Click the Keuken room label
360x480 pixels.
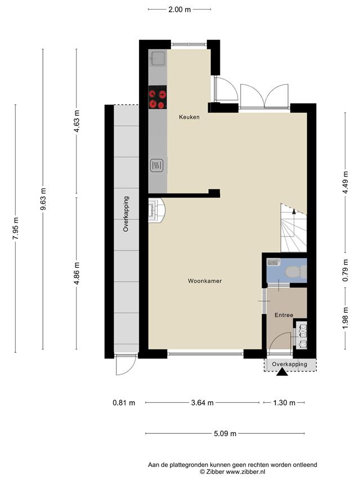pyautogui.click(x=189, y=117)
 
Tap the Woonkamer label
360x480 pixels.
pyautogui.click(x=205, y=281)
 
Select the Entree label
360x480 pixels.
pyautogui.click(x=283, y=315)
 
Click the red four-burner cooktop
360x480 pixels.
pyautogui.click(x=157, y=97)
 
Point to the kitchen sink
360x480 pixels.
pyautogui.click(x=158, y=58)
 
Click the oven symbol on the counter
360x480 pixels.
pyautogui.click(x=157, y=165)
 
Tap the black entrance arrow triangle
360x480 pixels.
pyautogui.click(x=282, y=372)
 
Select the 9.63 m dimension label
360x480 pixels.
pyautogui.click(x=43, y=199)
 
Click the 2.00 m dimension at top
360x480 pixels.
pyautogui.click(x=179, y=10)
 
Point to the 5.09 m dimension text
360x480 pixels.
pyautogui.click(x=225, y=433)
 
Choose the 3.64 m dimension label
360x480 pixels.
pyautogui.click(x=202, y=402)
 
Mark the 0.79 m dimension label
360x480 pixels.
pyautogui.click(x=345, y=270)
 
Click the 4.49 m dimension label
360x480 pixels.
pyautogui.click(x=345, y=182)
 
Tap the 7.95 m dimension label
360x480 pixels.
pyautogui.click(x=16, y=228)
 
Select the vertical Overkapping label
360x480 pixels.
pyautogui.click(x=126, y=214)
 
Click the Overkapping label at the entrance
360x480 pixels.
pyautogui.click(x=290, y=364)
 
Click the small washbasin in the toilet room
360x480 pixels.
pyautogui.click(x=273, y=262)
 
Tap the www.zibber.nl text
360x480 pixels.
pyautogui.click(x=245, y=472)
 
